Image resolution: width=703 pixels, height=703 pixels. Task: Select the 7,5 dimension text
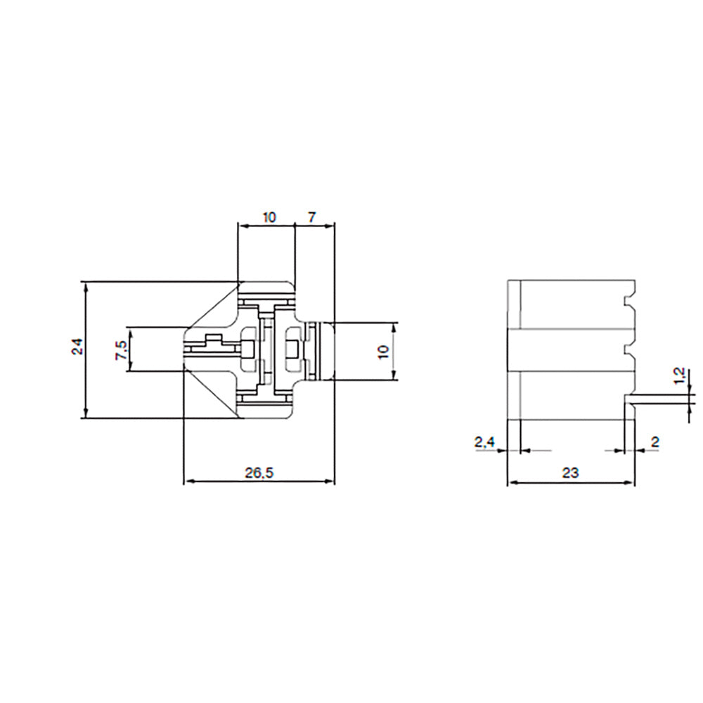[x=120, y=349]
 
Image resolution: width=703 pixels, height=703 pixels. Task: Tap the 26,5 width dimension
[x=259, y=472]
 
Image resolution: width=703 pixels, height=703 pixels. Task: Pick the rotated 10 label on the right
[x=383, y=351]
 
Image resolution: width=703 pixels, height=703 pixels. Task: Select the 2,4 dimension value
[x=485, y=442]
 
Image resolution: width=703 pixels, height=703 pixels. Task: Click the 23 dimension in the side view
[x=570, y=472]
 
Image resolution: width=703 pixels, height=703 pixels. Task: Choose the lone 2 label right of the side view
[x=654, y=442]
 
